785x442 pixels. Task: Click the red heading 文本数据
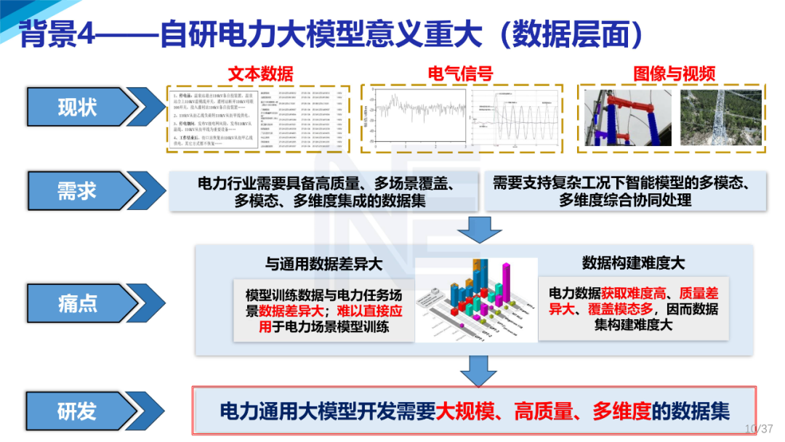click(260, 73)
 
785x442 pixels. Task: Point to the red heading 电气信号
click(460, 73)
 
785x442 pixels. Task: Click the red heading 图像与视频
click(674, 73)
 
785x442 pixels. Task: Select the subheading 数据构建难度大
click(633, 262)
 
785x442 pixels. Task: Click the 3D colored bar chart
click(476, 300)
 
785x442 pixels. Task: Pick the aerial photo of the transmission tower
click(721, 117)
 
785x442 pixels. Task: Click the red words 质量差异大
click(699, 302)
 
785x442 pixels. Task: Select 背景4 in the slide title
click(57, 33)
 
